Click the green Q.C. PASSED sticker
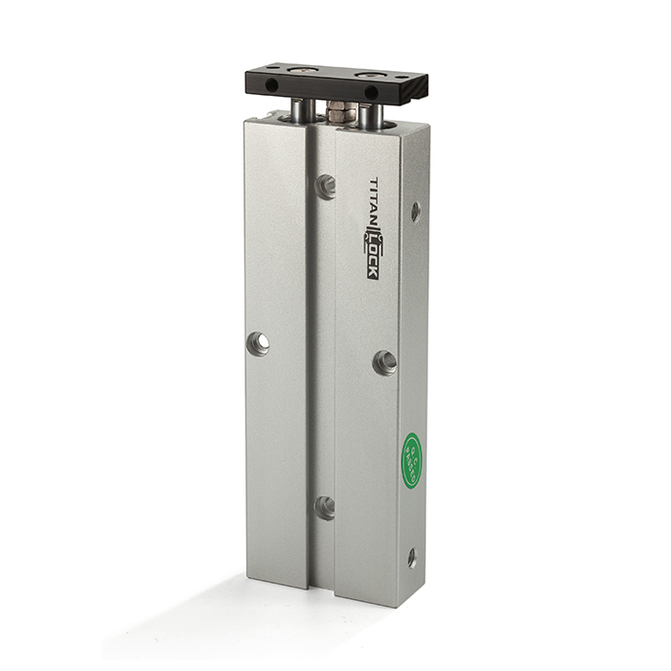pos(411,460)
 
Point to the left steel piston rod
pos(300,110)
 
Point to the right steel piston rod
pos(370,115)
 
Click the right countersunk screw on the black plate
pos(365,75)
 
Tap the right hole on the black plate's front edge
pos(371,93)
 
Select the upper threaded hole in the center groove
pos(326,186)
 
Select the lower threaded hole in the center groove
pos(326,507)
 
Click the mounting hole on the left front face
pos(258,343)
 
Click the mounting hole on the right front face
pos(384,361)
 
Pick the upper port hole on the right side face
pos(415,211)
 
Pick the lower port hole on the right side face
pos(412,557)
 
